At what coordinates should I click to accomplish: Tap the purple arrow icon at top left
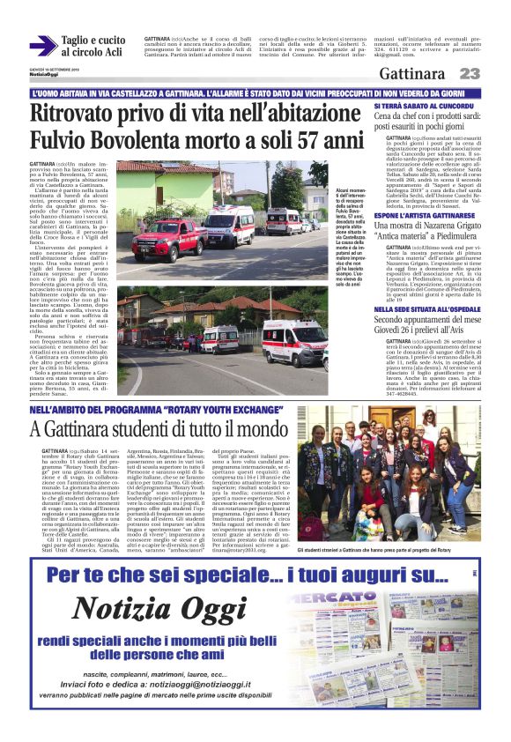tap(42, 46)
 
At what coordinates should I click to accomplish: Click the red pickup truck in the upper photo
tap(167, 236)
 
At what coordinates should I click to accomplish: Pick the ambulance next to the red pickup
tap(230, 225)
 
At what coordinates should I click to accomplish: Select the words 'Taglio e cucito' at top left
tap(93, 41)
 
